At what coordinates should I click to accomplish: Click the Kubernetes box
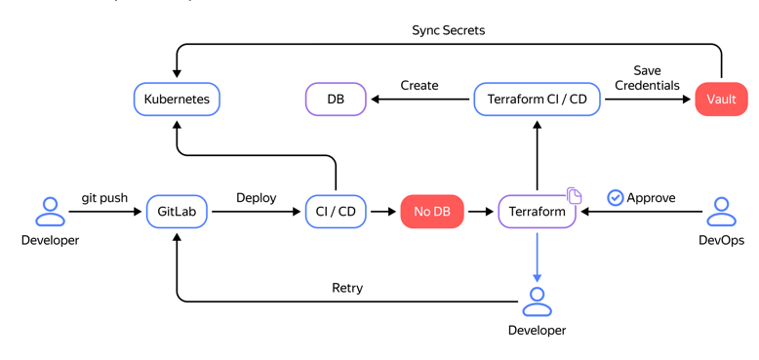click(x=177, y=99)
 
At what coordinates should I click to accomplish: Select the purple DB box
click(x=336, y=99)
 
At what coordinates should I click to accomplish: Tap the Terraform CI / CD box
click(x=537, y=99)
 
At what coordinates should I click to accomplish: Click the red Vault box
click(x=721, y=99)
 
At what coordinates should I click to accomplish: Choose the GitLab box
click(x=177, y=212)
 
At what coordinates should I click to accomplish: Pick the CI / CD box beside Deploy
click(x=336, y=212)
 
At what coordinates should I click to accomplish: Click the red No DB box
click(x=432, y=212)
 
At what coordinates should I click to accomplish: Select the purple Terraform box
click(x=537, y=212)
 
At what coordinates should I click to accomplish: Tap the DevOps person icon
click(x=721, y=212)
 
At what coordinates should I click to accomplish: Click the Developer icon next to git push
click(x=50, y=212)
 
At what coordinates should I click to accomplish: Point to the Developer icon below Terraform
click(x=537, y=302)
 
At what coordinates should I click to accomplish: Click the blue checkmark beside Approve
click(x=616, y=198)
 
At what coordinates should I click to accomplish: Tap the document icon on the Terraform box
click(x=575, y=197)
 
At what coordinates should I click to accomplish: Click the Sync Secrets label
click(x=448, y=30)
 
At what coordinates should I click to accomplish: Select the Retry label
click(x=347, y=288)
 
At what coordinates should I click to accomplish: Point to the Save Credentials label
click(x=647, y=78)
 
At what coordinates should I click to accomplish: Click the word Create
click(x=419, y=86)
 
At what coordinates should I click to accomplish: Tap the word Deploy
click(x=256, y=198)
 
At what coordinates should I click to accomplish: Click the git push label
click(x=104, y=198)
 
